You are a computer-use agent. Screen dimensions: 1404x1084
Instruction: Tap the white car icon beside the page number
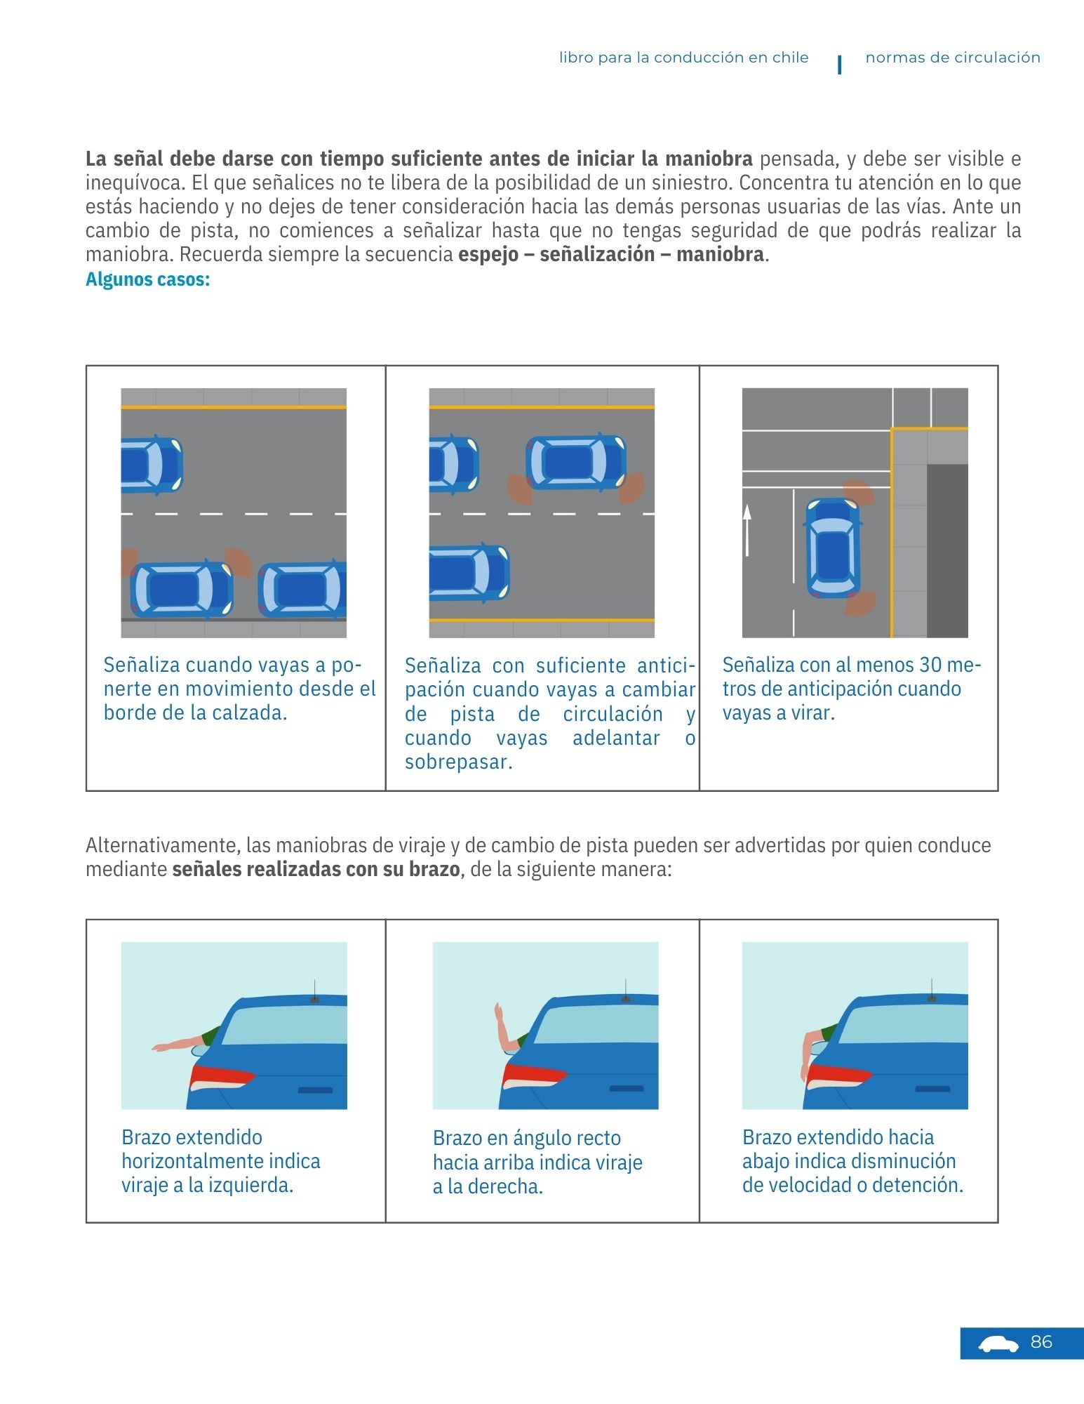click(998, 1344)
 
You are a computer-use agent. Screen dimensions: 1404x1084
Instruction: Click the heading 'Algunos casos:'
click(147, 279)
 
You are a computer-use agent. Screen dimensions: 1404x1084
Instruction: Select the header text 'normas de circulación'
click(952, 58)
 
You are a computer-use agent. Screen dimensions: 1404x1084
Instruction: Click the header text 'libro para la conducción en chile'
click(683, 58)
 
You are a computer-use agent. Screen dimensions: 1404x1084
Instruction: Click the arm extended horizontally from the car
click(179, 1044)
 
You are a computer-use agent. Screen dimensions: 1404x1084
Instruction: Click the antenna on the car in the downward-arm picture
click(932, 990)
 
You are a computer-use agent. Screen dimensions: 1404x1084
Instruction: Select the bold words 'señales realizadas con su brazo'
click(316, 870)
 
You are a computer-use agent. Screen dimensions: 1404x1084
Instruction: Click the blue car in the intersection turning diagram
click(833, 547)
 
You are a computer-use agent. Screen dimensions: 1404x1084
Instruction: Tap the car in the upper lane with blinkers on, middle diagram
click(576, 462)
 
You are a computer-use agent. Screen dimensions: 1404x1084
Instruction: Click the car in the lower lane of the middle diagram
click(469, 572)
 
